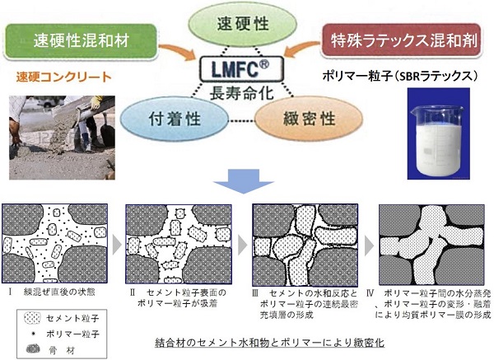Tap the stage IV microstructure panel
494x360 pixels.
[430, 242]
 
